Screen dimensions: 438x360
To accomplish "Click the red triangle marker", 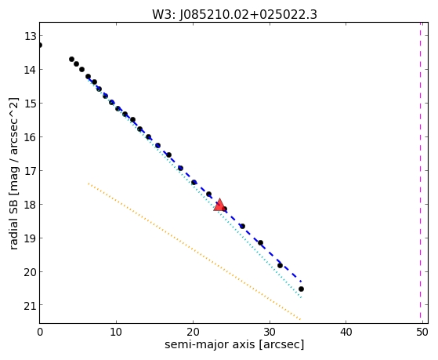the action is tap(219, 205).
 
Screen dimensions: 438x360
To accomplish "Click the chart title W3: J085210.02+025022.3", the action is tap(234, 15).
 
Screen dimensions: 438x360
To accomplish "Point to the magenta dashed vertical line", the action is tap(420, 173).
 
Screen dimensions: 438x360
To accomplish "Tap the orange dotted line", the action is tap(194, 252).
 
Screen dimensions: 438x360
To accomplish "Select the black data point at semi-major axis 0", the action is tap(40, 45).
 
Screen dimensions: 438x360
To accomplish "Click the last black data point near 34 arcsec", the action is tap(301, 289).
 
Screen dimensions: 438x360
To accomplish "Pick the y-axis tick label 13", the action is tap(30, 36).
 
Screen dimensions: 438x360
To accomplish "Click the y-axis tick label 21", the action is tap(30, 305).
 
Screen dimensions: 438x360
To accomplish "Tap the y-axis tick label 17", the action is tap(30, 171).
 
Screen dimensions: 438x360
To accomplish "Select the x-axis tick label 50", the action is tap(422, 332).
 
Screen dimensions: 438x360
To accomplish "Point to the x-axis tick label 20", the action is tap(193, 332).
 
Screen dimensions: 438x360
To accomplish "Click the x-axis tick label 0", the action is tap(40, 332).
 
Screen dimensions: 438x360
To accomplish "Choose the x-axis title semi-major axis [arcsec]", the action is tap(234, 344).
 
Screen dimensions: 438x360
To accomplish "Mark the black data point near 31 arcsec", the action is tap(280, 265).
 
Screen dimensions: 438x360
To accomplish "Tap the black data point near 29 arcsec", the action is tap(260, 242).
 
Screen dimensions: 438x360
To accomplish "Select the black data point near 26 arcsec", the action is tap(242, 226).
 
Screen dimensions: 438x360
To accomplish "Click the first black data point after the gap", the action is tap(71, 60).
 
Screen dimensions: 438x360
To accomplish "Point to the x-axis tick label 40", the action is tap(346, 332).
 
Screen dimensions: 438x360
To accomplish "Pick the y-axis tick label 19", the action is tap(30, 238).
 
